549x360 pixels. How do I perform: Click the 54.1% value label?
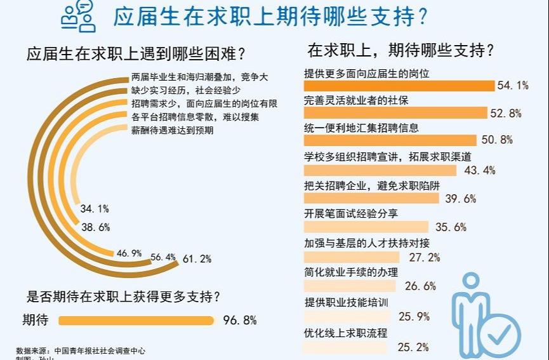click(x=513, y=86)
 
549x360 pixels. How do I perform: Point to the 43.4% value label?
click(x=480, y=170)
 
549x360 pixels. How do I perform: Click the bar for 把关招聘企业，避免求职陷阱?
click(x=371, y=198)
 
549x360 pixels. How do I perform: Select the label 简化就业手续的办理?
click(x=351, y=272)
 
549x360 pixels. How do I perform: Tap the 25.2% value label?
click(x=413, y=347)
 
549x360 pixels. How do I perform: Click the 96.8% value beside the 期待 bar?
click(x=240, y=321)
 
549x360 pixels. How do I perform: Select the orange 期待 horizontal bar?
click(x=136, y=321)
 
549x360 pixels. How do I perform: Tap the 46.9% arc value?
click(x=129, y=253)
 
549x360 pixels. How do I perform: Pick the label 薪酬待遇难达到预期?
click(x=172, y=131)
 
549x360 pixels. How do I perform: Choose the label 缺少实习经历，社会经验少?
click(x=185, y=90)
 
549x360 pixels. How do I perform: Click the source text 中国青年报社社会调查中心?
click(x=103, y=350)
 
